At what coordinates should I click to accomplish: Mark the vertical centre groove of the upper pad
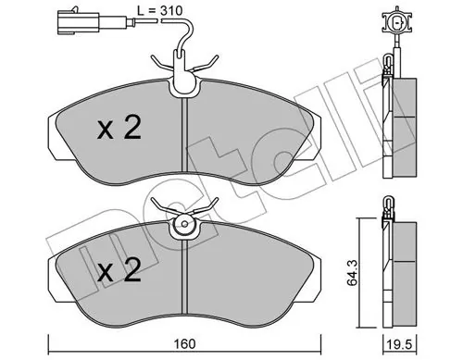pos(187,139)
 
